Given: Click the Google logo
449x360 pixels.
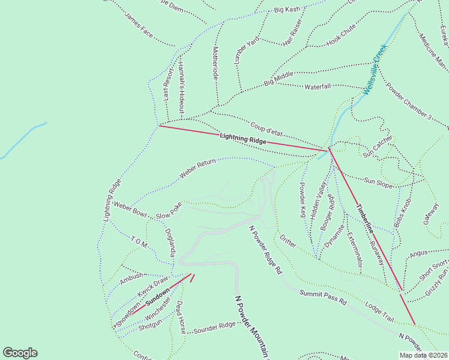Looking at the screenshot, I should point(20,353).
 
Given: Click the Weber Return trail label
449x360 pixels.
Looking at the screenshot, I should point(197,170).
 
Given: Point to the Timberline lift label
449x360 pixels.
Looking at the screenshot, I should point(364,219).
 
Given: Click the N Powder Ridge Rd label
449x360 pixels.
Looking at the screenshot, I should point(265,250).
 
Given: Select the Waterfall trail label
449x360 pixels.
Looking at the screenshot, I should point(318,87).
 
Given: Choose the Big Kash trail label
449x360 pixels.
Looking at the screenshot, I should point(287,10).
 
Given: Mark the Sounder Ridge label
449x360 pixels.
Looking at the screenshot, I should point(214,327).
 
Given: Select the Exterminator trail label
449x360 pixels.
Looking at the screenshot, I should point(355,248).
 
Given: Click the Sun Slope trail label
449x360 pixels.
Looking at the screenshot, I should point(378,182).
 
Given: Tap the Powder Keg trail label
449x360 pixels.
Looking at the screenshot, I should point(303,200).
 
